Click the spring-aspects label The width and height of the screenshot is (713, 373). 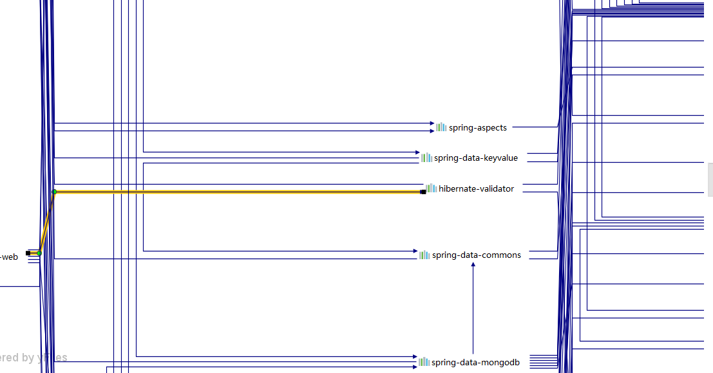pyautogui.click(x=477, y=127)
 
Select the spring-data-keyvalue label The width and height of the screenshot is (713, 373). pyautogui.click(x=475, y=158)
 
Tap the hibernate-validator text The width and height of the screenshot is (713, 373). pyautogui.click(x=476, y=188)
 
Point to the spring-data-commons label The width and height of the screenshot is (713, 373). pyautogui.click(x=476, y=255)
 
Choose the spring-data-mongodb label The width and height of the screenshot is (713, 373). pyautogui.click(x=475, y=362)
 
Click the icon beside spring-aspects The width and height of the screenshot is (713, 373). pyautogui.click(x=441, y=127)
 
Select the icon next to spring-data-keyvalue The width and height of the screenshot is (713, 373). pyautogui.click(x=426, y=158)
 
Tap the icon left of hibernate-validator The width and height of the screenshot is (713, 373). pyautogui.click(x=432, y=188)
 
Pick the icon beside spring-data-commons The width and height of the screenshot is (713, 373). pyautogui.click(x=424, y=255)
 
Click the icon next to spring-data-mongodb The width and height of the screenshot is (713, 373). pyautogui.click(x=424, y=362)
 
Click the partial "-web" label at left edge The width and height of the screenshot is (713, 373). pyautogui.click(x=9, y=257)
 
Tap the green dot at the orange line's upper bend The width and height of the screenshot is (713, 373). pyautogui.click(x=54, y=192)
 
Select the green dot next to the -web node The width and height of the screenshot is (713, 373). pyautogui.click(x=39, y=253)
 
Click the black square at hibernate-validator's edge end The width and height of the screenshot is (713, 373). pyautogui.click(x=423, y=192)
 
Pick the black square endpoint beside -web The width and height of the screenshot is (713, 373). pyautogui.click(x=28, y=253)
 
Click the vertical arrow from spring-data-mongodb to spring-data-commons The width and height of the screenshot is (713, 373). pyautogui.click(x=473, y=309)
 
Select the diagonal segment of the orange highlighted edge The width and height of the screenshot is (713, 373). pyautogui.click(x=47, y=223)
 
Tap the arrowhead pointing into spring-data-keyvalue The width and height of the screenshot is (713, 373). pyautogui.click(x=417, y=152)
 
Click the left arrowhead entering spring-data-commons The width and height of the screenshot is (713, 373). pyautogui.click(x=415, y=251)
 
